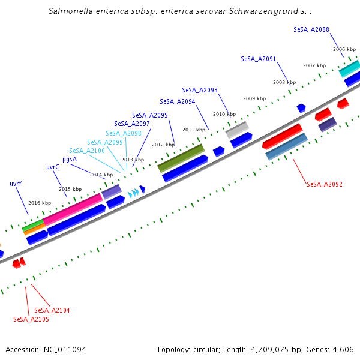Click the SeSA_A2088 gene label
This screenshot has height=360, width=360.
311,29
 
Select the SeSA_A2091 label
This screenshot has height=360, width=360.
258,59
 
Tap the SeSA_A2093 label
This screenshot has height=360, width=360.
199,90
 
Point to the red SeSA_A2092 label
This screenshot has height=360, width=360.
324,184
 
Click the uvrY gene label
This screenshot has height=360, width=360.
16,184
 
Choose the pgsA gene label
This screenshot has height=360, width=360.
70,159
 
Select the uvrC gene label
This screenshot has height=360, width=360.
53,167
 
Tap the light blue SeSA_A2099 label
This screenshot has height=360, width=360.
104,142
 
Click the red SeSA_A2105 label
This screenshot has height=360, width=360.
31,319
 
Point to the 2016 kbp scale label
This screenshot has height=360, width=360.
40,203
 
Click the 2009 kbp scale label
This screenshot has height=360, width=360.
254,98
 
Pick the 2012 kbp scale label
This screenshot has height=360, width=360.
163,145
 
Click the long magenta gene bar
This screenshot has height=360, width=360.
73,209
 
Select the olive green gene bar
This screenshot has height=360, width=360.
181,157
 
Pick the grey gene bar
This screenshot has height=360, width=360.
236,129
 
